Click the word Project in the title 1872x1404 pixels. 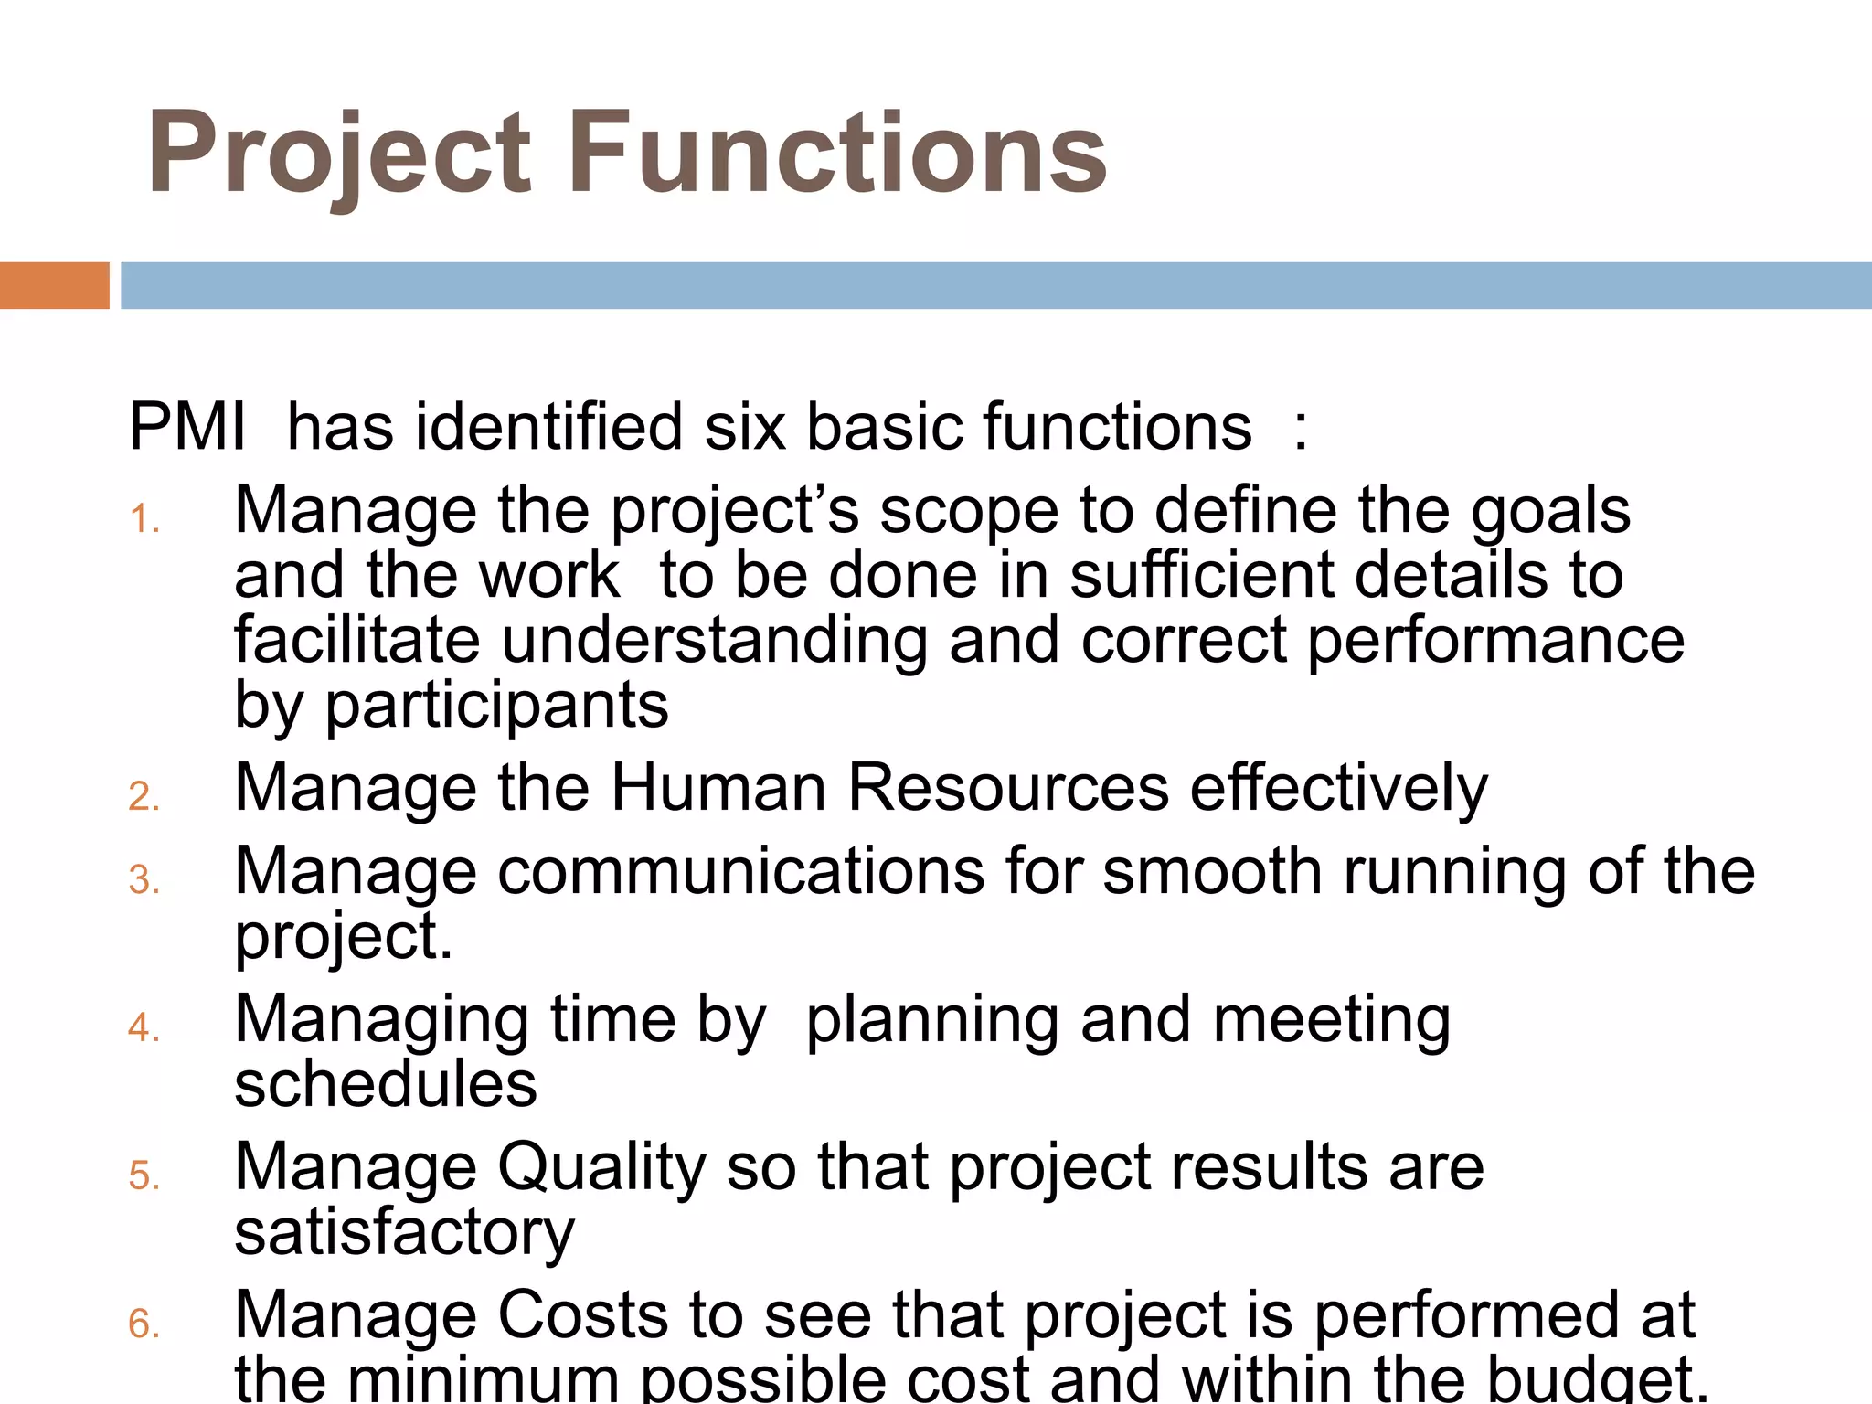tap(338, 154)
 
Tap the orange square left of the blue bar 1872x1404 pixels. tap(54, 285)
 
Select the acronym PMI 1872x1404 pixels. tap(187, 427)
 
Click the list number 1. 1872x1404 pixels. tap(144, 519)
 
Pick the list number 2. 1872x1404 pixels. tap(144, 797)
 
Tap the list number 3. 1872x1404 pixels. tap(144, 879)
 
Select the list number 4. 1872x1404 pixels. tap(144, 1027)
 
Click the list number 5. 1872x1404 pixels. tap(144, 1175)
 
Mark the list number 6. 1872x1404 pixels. tap(144, 1324)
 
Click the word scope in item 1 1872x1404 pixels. tap(968, 512)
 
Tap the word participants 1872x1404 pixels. tap(497, 706)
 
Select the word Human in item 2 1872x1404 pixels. tap(718, 787)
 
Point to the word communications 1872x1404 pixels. tap(741, 870)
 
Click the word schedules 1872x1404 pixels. tap(386, 1084)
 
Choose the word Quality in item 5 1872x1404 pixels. tap(601, 1168)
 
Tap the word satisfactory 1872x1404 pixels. tap(404, 1233)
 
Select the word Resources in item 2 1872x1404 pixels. tap(1008, 787)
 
